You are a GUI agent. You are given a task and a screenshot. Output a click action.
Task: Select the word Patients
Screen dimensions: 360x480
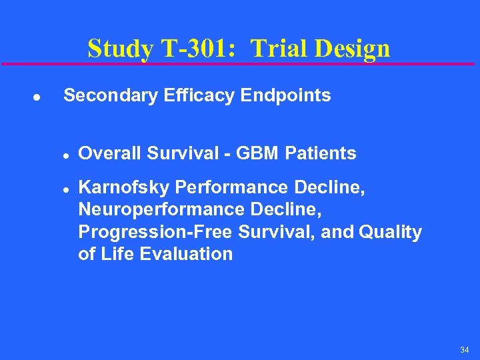321,153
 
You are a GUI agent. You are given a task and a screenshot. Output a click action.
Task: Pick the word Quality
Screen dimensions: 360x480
390,232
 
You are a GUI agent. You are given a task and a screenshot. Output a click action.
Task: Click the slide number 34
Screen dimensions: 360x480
464,350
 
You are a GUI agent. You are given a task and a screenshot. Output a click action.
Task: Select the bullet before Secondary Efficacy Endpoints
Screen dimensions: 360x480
37,97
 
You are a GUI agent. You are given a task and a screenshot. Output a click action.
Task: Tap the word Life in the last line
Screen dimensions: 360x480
118,253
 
